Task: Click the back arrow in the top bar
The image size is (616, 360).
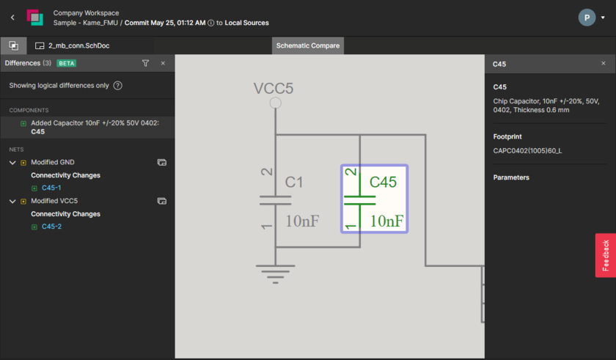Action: pyautogui.click(x=12, y=18)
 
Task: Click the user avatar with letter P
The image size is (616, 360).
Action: pyautogui.click(x=587, y=18)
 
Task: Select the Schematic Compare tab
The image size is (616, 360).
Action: pyautogui.click(x=307, y=45)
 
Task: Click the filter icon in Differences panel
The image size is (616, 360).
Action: pyautogui.click(x=145, y=64)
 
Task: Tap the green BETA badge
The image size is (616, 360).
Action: pyautogui.click(x=67, y=64)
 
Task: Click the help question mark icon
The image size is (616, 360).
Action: pyautogui.click(x=117, y=86)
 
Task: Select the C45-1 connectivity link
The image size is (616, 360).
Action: pyautogui.click(x=51, y=188)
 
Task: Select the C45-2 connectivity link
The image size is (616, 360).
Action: pyautogui.click(x=51, y=227)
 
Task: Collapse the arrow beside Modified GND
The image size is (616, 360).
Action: pyautogui.click(x=12, y=163)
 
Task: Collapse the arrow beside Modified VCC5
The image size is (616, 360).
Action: pyautogui.click(x=12, y=201)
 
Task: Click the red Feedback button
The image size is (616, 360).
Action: pyautogui.click(x=605, y=255)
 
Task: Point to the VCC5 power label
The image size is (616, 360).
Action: pyautogui.click(x=274, y=89)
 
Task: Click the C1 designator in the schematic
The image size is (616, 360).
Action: pyautogui.click(x=294, y=182)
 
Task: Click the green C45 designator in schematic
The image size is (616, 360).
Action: pyautogui.click(x=383, y=182)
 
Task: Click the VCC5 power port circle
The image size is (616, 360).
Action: pyautogui.click(x=276, y=103)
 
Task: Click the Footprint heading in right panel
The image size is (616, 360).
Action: pyautogui.click(x=507, y=136)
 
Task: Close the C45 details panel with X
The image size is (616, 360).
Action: pyautogui.click(x=604, y=64)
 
